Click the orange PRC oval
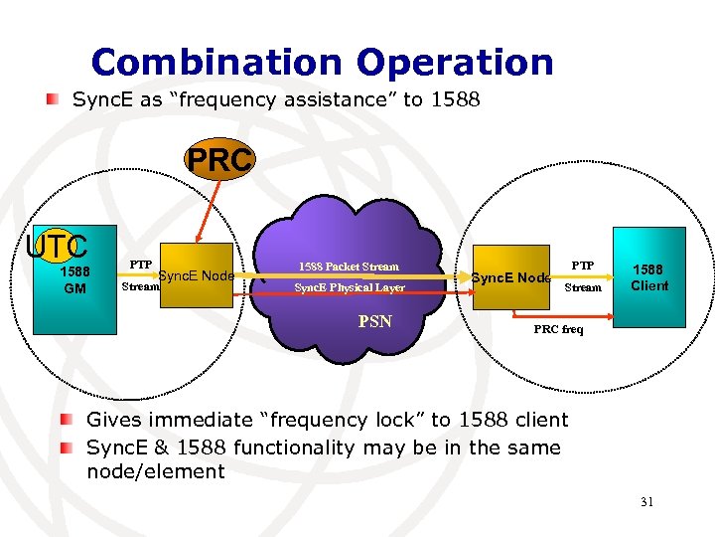point(218,161)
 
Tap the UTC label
point(58,246)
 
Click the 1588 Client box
point(650,277)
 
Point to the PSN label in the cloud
point(374,321)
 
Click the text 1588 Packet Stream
point(349,267)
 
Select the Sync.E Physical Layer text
point(349,287)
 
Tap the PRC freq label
point(559,328)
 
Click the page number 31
point(646,502)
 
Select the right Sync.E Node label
point(511,277)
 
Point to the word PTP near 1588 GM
point(140,266)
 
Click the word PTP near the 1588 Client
point(582,266)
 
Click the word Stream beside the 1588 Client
point(583,287)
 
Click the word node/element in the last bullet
point(156,471)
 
